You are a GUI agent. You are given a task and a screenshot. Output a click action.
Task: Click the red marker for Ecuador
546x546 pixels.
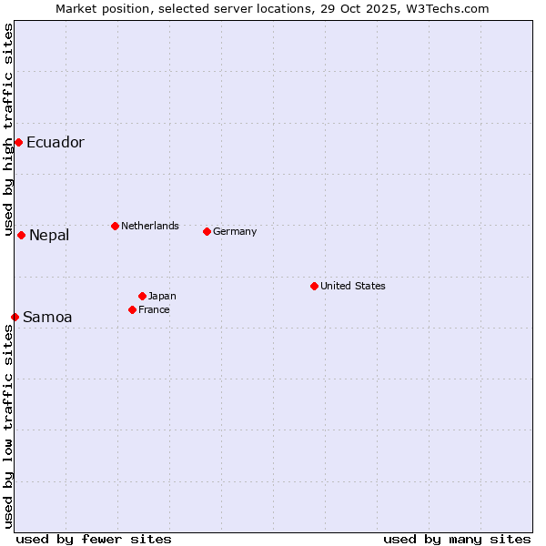click(18, 142)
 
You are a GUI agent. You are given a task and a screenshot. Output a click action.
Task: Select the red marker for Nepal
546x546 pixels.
click(21, 235)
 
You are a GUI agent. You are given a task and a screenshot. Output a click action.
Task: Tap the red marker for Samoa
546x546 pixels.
click(15, 317)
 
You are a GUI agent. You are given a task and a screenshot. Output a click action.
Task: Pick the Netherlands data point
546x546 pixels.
click(115, 226)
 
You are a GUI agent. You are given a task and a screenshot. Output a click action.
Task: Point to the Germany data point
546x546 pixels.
click(207, 231)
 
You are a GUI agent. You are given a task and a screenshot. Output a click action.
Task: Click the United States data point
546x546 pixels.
click(314, 286)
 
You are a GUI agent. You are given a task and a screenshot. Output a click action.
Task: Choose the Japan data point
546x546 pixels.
click(142, 296)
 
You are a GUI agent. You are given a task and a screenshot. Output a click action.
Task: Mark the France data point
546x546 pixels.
click(132, 309)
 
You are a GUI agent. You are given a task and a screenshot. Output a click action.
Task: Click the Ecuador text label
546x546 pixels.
click(55, 142)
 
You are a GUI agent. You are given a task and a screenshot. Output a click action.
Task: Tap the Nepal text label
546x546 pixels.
click(48, 236)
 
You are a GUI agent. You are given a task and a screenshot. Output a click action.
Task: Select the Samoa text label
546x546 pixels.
click(47, 318)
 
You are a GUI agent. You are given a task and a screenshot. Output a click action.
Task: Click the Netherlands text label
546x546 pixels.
click(149, 226)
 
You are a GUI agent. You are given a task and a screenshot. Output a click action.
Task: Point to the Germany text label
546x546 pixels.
click(235, 231)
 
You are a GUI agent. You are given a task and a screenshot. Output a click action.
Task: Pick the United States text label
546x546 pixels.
click(352, 286)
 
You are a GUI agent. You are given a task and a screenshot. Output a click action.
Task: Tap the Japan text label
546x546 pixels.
click(162, 296)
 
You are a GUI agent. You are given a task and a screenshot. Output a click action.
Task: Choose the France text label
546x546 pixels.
click(154, 309)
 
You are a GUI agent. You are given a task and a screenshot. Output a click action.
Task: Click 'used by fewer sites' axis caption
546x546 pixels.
click(94, 539)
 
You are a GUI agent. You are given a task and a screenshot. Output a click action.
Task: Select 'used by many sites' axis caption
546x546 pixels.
click(457, 539)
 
